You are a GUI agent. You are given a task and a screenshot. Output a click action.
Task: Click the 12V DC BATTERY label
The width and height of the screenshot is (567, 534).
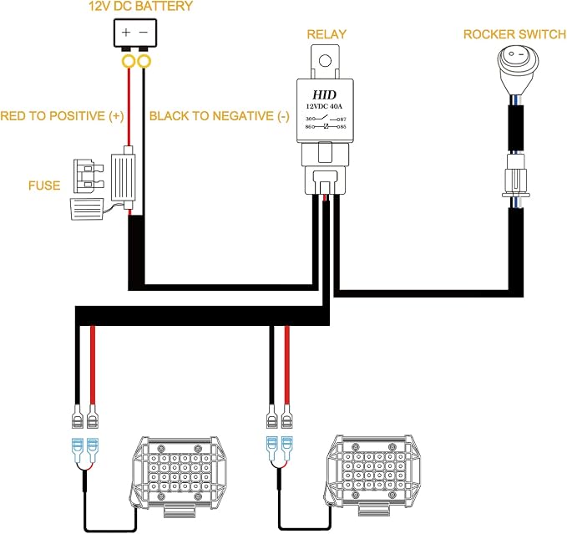[x=140, y=6]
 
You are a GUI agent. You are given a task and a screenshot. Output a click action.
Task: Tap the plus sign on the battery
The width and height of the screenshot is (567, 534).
[x=126, y=33]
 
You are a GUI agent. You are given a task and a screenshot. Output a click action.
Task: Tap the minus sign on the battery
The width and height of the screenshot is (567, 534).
[x=144, y=33]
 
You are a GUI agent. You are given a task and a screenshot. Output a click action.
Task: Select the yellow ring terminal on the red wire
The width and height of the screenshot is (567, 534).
[x=128, y=62]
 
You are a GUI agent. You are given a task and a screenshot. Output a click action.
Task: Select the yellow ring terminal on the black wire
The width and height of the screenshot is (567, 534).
[x=144, y=62]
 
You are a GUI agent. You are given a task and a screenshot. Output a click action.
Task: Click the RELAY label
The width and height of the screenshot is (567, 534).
[x=327, y=34]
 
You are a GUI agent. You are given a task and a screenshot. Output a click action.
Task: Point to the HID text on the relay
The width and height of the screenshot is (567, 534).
[x=324, y=94]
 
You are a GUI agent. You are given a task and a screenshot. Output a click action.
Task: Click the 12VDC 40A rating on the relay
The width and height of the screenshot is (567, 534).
[x=324, y=106]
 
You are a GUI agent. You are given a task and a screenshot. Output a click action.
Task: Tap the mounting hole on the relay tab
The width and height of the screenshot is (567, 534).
[x=325, y=60]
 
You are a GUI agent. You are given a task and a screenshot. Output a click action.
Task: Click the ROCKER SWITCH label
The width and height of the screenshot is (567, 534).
[x=514, y=34]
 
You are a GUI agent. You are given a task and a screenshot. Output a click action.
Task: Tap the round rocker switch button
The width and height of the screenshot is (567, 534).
[x=518, y=58]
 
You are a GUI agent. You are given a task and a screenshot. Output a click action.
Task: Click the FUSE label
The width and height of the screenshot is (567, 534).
[x=44, y=186]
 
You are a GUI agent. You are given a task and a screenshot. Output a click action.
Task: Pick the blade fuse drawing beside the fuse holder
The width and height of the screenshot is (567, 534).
[x=89, y=176]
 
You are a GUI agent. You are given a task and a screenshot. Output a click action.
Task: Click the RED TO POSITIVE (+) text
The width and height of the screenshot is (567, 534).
[x=62, y=116]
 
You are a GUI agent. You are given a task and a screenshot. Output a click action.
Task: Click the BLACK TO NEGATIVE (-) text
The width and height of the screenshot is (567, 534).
[x=220, y=116]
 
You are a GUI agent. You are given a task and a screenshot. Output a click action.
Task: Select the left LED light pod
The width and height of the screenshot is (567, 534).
[x=178, y=472]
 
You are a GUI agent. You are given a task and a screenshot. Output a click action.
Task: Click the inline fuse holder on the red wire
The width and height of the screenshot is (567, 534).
[x=123, y=177]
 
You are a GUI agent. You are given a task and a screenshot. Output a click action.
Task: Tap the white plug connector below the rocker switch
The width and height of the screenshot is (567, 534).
[x=516, y=175]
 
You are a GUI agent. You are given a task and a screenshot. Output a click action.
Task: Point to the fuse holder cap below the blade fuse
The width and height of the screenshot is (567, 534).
[x=87, y=209]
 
